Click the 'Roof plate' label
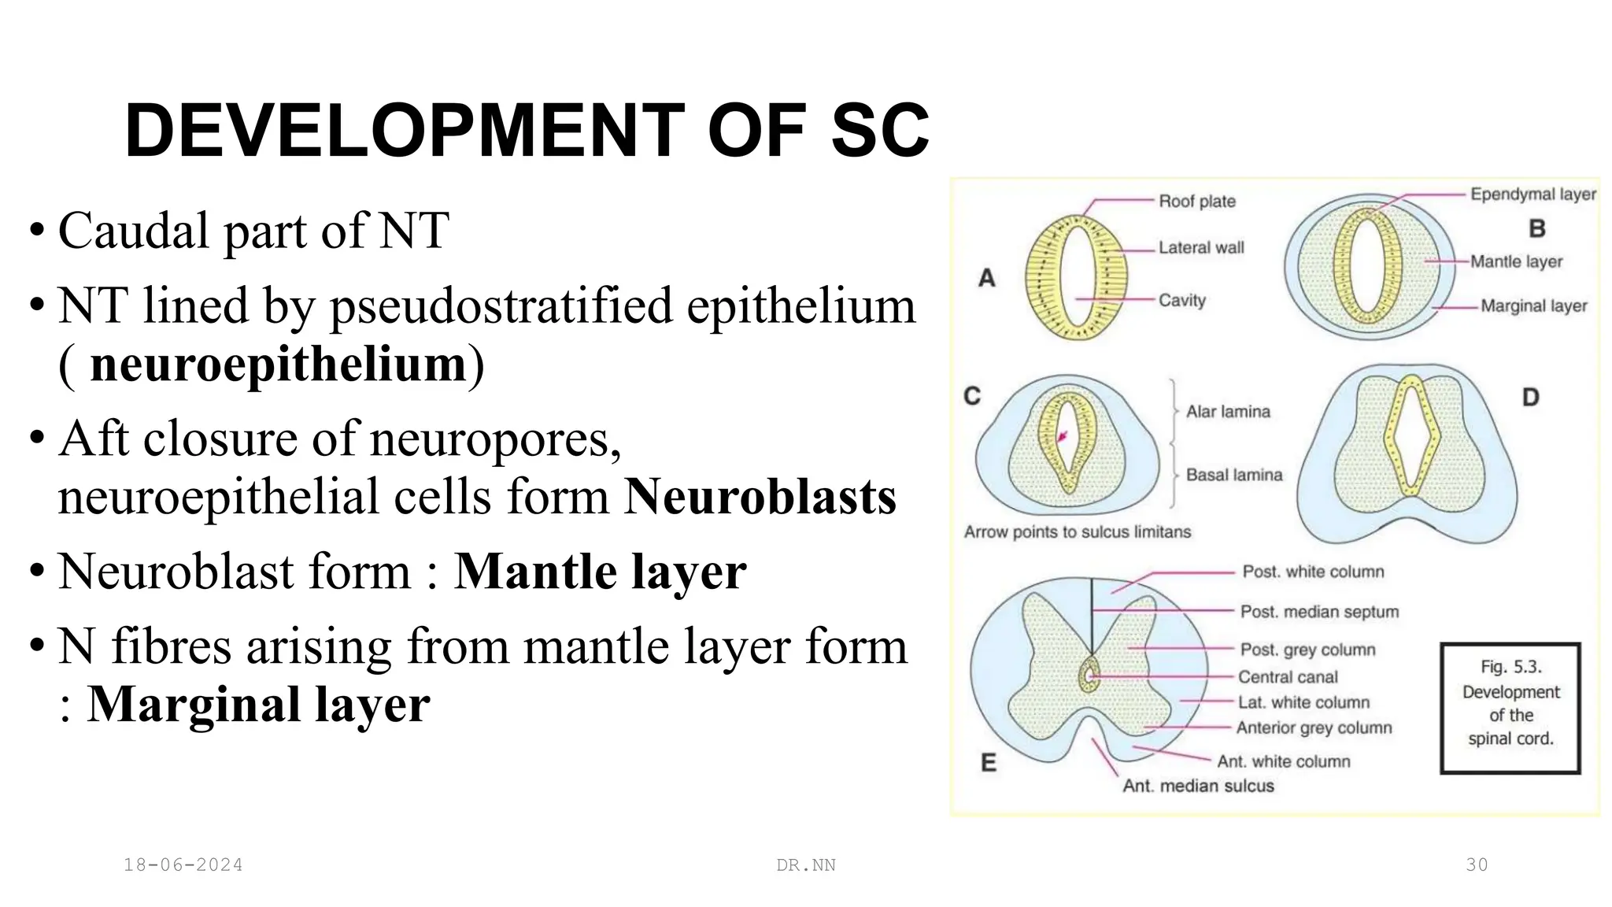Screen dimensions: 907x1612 click(x=1196, y=202)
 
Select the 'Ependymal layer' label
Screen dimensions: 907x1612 click(x=1533, y=194)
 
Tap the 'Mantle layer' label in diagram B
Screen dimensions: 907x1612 click(x=1516, y=261)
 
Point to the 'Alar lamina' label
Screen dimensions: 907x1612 click(x=1228, y=412)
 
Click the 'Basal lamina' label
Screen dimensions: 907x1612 click(x=1233, y=475)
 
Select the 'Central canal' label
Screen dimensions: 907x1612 click(x=1287, y=677)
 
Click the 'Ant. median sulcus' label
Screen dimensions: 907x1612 click(x=1197, y=786)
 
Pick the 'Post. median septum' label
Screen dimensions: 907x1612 click(x=1319, y=612)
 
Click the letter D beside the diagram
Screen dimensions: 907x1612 click(x=1530, y=397)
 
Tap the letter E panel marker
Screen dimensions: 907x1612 click(x=989, y=762)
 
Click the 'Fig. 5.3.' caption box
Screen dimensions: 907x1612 click(x=1510, y=708)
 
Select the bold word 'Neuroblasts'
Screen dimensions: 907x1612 click(x=760, y=498)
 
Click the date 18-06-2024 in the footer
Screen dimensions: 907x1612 click(x=183, y=865)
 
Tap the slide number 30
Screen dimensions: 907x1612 click(x=1477, y=864)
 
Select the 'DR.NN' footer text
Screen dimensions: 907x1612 click(x=806, y=865)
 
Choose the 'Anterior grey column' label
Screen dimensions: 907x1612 click(x=1314, y=728)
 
